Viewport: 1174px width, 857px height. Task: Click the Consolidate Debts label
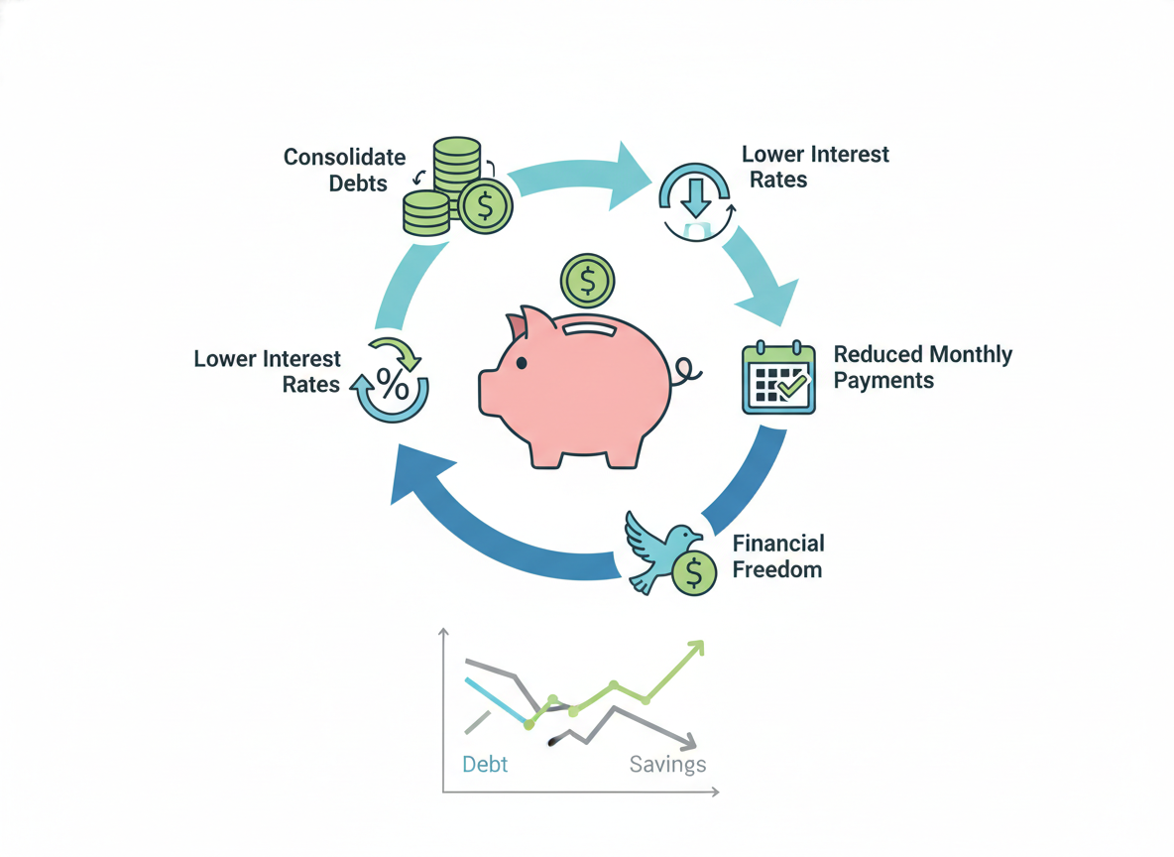pos(344,170)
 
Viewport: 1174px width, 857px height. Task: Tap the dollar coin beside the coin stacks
pos(485,205)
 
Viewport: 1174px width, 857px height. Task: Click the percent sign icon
pos(393,385)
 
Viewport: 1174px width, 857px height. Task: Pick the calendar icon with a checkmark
pos(778,378)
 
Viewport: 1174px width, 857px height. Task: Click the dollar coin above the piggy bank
pos(588,282)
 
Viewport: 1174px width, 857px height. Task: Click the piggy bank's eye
pos(521,363)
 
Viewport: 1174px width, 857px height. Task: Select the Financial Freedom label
pos(778,556)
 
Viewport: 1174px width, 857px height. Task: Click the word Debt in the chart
pos(485,764)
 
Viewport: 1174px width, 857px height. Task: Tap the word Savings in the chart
pos(668,764)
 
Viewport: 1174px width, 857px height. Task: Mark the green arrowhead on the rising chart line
pos(696,648)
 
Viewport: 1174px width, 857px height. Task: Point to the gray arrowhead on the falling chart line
pos(688,741)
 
